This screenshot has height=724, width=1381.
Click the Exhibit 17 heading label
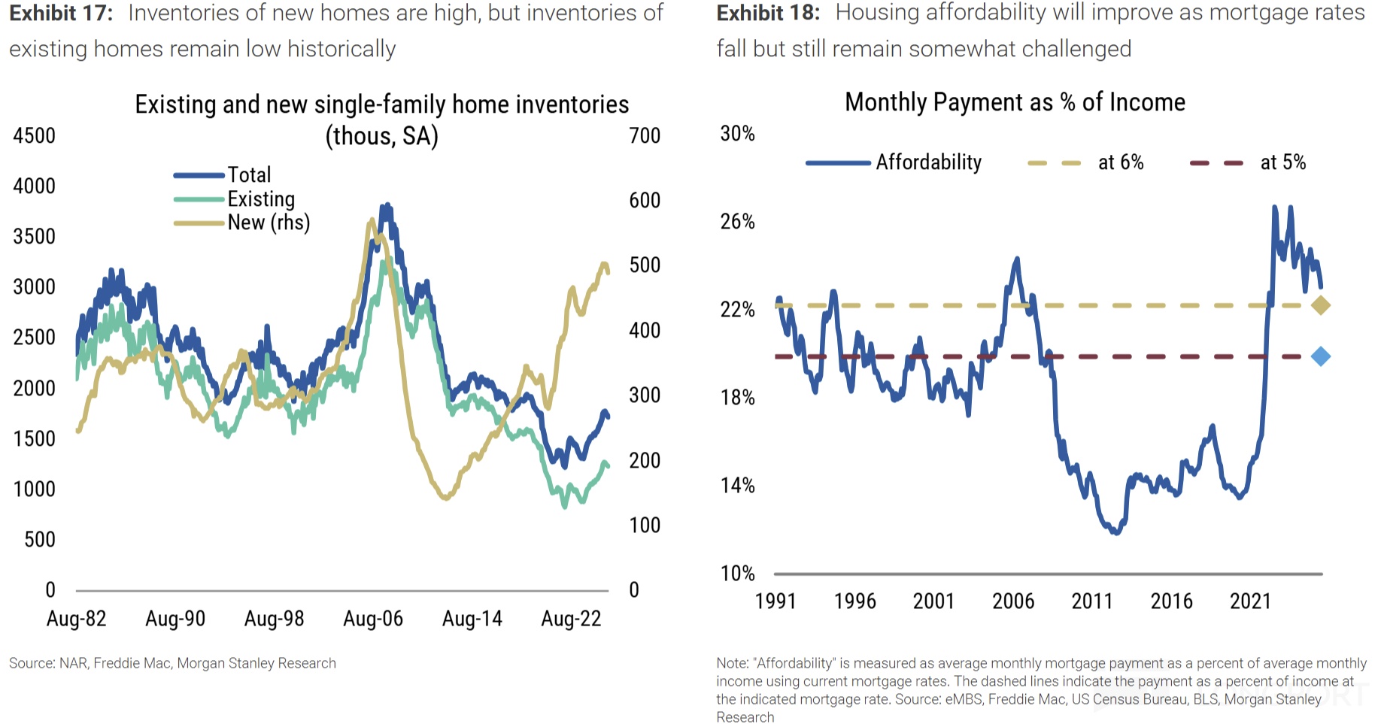click(61, 14)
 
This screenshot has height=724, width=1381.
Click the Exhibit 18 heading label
click(768, 14)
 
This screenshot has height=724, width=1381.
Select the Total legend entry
click(249, 175)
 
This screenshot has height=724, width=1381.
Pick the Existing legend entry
click(261, 199)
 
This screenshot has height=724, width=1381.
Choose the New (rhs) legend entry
click(269, 223)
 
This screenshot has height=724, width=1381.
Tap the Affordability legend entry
click(928, 162)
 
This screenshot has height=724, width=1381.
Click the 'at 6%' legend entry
click(1120, 162)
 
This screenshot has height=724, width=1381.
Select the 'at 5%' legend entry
click(1282, 162)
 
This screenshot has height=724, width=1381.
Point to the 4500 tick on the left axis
click(35, 136)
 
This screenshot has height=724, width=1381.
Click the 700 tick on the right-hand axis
click(645, 136)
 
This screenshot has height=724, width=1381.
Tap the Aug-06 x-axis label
click(373, 619)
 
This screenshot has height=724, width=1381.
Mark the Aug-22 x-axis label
click(571, 619)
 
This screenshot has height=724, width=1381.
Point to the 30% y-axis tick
click(737, 134)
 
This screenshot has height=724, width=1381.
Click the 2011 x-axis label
click(1092, 601)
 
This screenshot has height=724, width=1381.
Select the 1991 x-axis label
click(775, 601)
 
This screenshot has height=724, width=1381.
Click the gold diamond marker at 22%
click(1320, 305)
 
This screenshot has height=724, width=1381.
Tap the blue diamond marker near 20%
click(1320, 356)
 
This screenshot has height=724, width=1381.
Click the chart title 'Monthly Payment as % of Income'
click(1015, 102)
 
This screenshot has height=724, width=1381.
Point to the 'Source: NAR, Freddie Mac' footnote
click(172, 663)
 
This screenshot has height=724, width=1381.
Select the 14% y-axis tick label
click(737, 486)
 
